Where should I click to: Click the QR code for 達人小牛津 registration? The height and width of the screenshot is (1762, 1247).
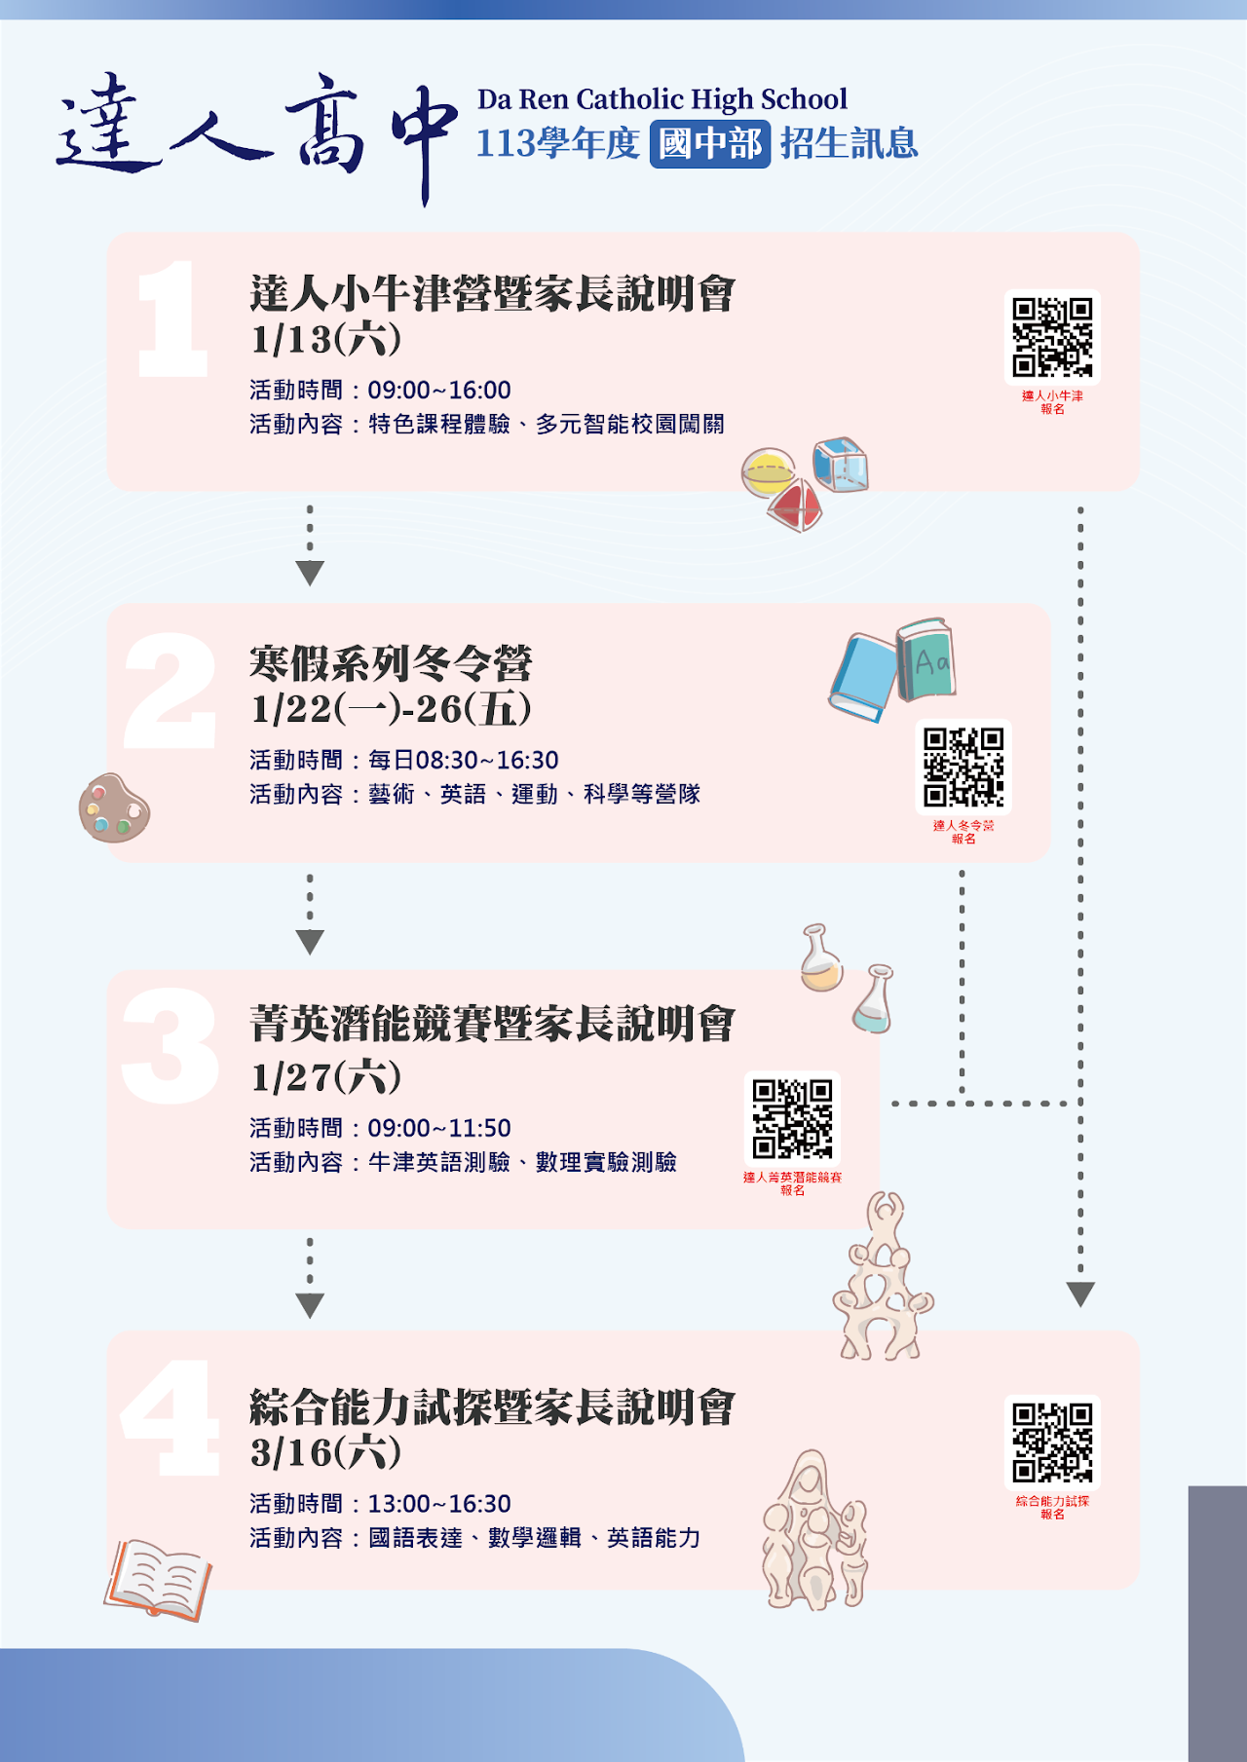point(1052,337)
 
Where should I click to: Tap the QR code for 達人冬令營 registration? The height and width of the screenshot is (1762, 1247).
point(964,767)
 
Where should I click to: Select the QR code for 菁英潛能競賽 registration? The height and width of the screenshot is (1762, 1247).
point(792,1118)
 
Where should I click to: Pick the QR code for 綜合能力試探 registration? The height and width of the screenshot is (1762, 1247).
point(1052,1443)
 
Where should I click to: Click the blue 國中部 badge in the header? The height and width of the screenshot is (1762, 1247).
point(710,144)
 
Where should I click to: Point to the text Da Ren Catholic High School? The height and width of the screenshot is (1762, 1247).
point(662,98)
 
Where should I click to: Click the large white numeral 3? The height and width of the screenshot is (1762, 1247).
point(170,1046)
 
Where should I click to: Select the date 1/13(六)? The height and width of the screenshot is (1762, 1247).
point(326,339)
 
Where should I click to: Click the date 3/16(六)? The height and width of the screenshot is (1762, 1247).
point(326,1452)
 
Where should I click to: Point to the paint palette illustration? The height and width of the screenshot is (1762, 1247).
point(114,807)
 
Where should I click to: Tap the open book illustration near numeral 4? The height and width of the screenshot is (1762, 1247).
point(158,1579)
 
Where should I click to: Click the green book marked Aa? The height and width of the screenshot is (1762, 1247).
point(926,659)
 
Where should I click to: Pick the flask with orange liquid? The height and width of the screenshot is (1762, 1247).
point(821,958)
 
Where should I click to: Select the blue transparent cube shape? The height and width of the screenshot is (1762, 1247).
point(840,465)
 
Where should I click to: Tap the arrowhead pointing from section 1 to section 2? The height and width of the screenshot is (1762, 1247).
point(310,573)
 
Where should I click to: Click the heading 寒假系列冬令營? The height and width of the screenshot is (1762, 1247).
point(391,663)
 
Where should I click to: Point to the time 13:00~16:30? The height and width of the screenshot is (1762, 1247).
point(439,1504)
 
